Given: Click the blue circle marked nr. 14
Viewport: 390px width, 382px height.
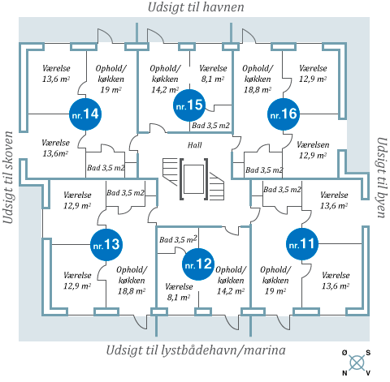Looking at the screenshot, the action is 85,114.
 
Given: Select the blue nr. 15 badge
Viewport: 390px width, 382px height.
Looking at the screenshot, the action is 189,105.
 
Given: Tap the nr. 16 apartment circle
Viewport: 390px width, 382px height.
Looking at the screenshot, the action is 284,114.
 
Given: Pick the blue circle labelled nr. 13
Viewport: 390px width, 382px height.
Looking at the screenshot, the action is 106,245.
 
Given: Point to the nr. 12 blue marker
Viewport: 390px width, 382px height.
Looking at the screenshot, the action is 198,264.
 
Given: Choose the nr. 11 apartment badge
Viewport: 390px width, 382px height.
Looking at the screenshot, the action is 302,244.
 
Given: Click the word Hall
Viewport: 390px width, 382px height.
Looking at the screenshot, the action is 195,145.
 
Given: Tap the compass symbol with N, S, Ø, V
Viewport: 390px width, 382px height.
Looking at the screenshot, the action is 356,363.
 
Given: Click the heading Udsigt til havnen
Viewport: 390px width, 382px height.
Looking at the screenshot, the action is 196,7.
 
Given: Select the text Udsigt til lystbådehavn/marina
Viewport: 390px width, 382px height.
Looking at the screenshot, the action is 196,350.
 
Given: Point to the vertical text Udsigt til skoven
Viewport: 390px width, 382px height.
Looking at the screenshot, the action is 8,178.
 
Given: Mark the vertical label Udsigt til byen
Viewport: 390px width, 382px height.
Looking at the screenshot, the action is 382,178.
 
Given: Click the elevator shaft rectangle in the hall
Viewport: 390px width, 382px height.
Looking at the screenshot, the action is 193,179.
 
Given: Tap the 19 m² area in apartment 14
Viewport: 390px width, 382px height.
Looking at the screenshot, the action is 110,89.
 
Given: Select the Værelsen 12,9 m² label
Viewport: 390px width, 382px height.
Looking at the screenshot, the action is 313,150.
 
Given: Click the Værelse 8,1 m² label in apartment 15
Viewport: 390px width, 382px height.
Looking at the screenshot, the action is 213,74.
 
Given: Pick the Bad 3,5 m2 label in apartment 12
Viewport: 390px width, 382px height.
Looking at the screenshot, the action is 178,239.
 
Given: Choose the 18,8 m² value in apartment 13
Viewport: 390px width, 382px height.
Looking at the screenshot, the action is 132,291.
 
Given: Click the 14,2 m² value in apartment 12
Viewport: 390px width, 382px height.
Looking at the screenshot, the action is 231,291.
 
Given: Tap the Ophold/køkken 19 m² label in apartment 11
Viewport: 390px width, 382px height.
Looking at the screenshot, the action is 275,281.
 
